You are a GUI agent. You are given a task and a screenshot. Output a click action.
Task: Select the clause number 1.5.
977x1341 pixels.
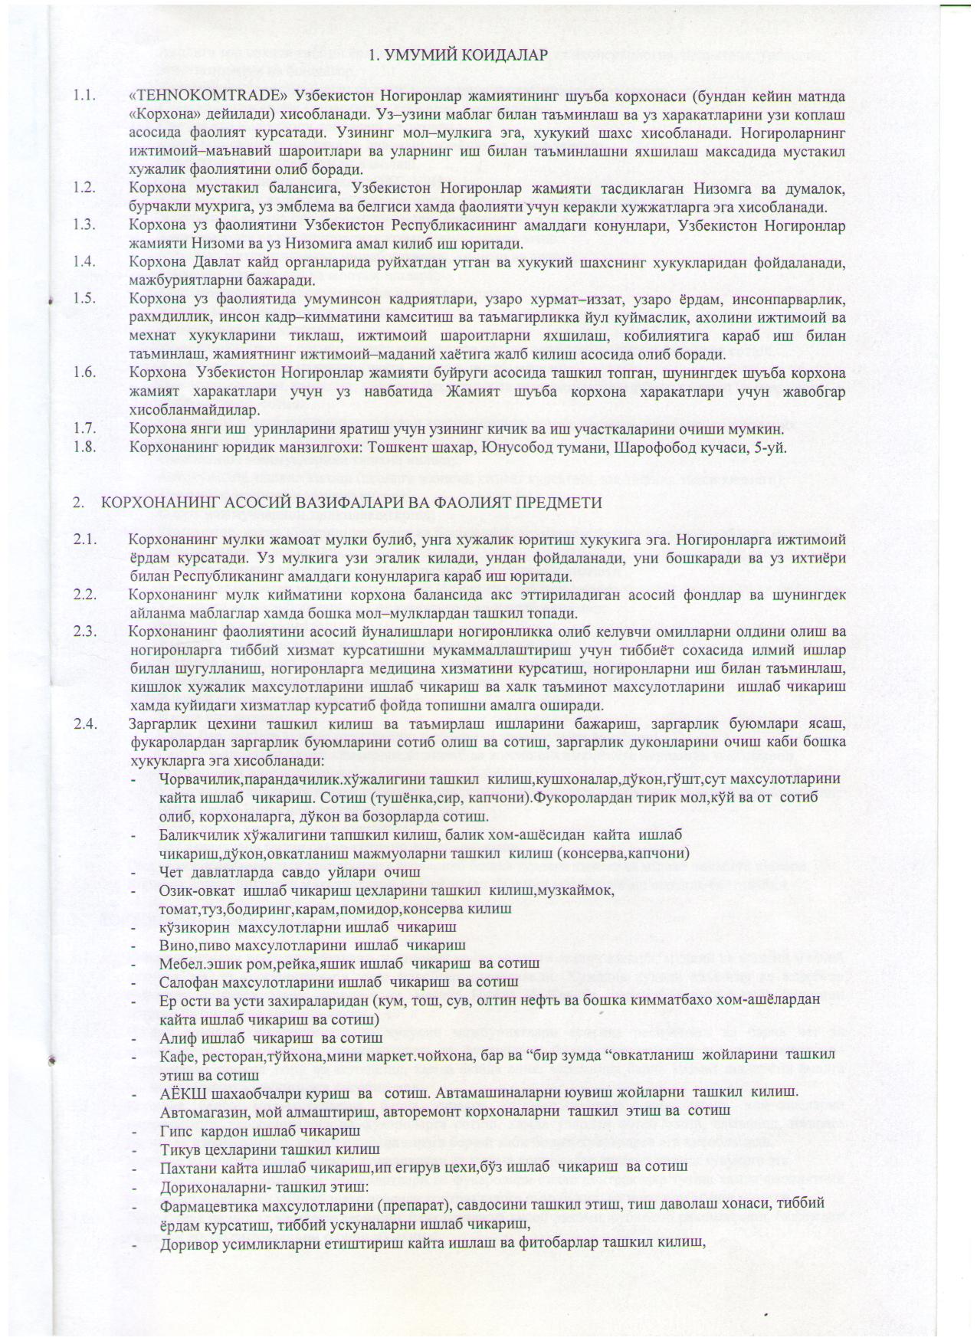84,298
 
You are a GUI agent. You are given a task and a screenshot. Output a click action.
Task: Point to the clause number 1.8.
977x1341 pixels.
84,446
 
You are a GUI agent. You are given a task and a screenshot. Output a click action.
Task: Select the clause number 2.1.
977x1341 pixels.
85,539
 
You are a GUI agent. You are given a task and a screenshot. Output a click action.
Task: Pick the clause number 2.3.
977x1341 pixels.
85,631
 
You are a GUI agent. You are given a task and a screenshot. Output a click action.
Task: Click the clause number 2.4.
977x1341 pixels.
85,724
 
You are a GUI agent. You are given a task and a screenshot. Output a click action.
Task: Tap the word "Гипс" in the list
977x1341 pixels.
175,1132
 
